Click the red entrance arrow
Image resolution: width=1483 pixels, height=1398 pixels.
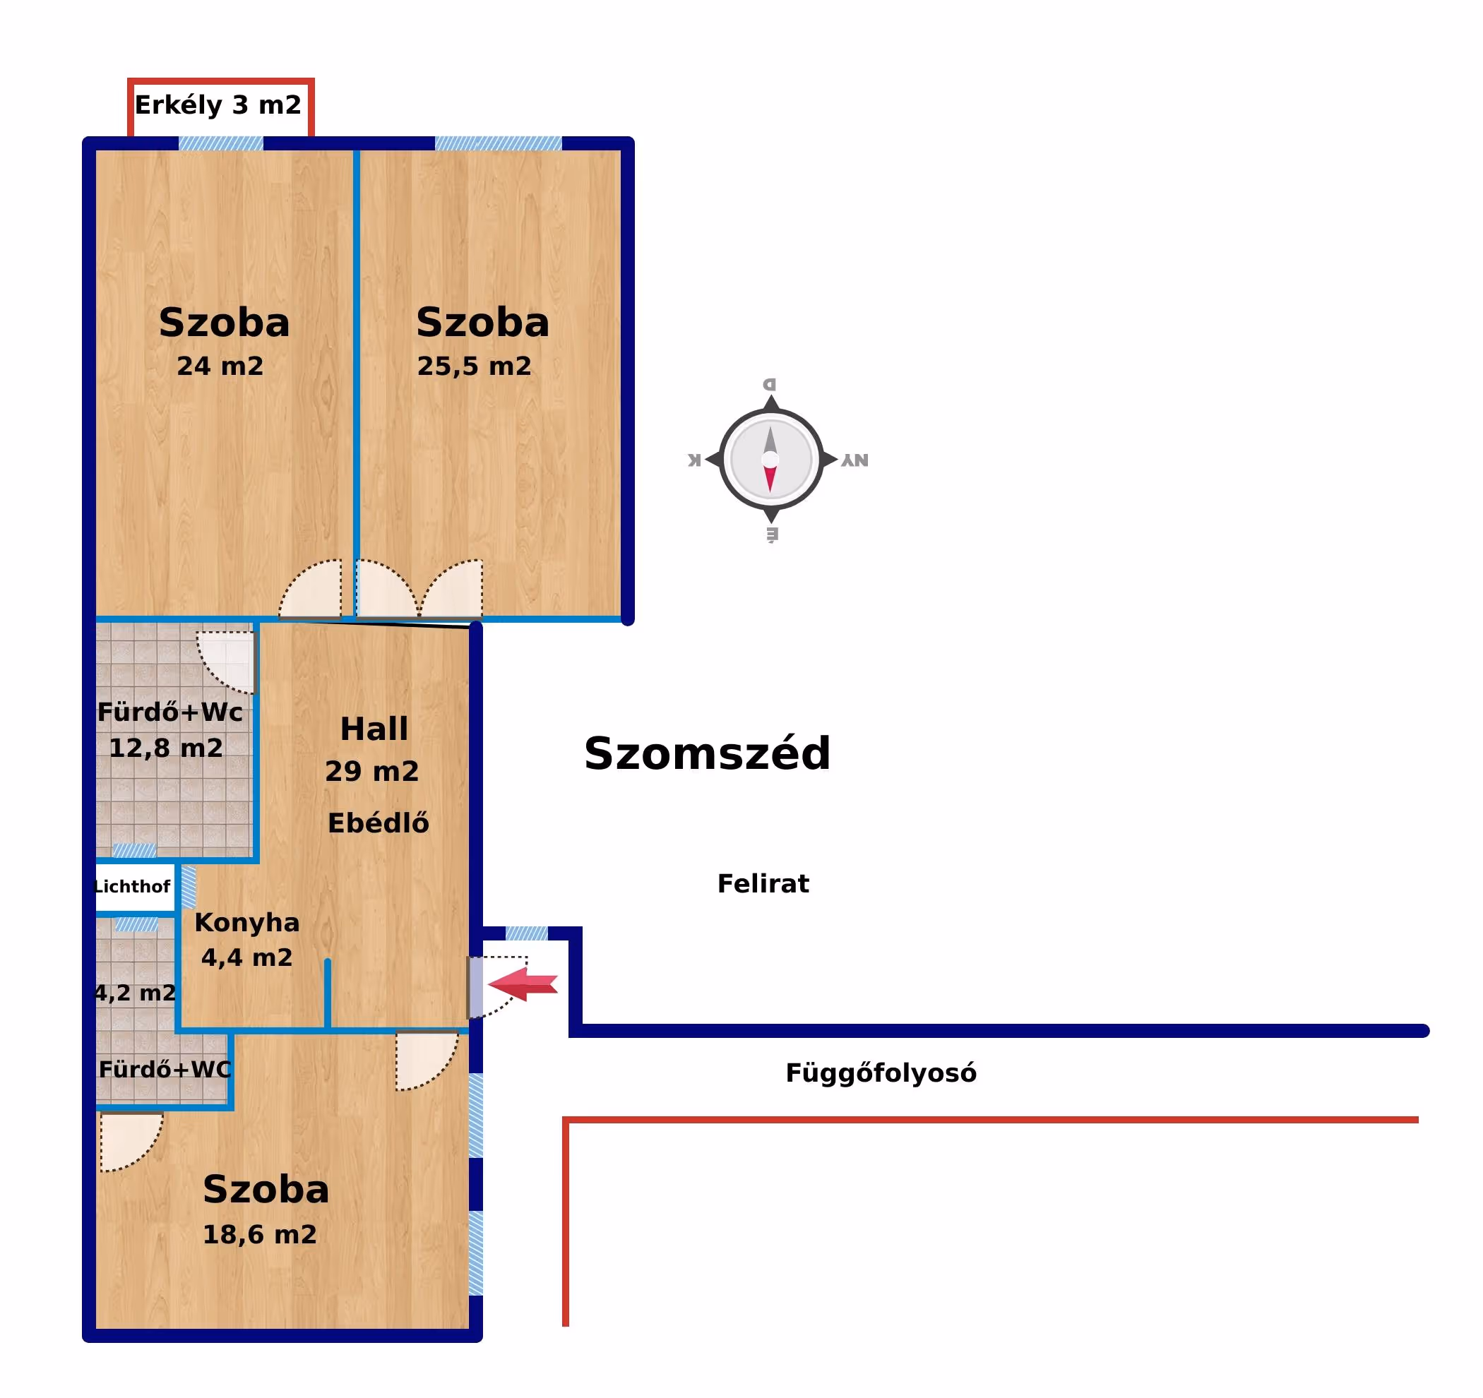[524, 984]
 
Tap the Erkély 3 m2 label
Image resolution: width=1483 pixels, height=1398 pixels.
[218, 105]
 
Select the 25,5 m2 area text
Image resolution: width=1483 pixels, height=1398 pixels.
[474, 366]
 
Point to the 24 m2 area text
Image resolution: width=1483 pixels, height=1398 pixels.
[220, 366]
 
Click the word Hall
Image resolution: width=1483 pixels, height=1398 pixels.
[374, 729]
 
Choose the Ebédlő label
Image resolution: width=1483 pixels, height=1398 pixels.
[379, 823]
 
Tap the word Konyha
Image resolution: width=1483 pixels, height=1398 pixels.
[247, 922]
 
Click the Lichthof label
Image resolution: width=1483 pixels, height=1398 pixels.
[132, 886]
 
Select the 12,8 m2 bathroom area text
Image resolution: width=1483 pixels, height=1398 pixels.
[166, 748]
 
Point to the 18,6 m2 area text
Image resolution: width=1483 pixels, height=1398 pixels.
[260, 1234]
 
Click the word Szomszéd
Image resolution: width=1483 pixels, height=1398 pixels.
[706, 753]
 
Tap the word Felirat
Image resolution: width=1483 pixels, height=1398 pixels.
[763, 883]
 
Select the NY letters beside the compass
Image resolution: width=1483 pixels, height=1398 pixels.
[855, 460]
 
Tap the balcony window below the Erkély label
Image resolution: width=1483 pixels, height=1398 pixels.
[221, 143]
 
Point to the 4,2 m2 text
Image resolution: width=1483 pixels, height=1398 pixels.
[135, 993]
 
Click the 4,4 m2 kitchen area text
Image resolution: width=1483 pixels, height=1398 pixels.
[247, 957]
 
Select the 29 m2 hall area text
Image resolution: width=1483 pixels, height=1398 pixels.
[371, 770]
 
